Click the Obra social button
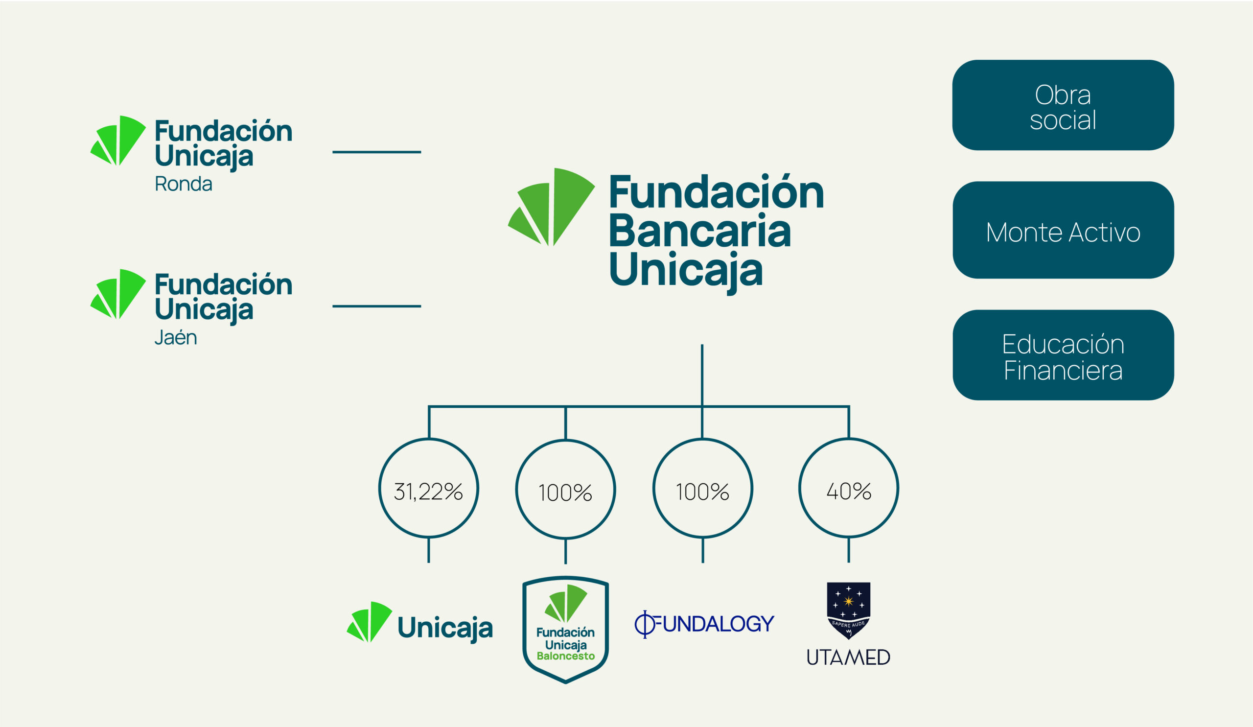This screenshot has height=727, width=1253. pyautogui.click(x=1063, y=105)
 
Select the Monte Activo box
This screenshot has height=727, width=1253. pyautogui.click(x=1063, y=230)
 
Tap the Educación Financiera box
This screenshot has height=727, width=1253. pyautogui.click(x=1063, y=355)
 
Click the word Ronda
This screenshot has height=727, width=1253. pyautogui.click(x=184, y=184)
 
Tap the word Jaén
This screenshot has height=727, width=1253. pyautogui.click(x=176, y=337)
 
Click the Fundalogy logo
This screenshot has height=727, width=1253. pyautogui.click(x=704, y=624)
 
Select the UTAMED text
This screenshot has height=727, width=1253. pyautogui.click(x=848, y=657)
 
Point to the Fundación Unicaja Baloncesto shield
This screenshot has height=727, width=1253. pyautogui.click(x=565, y=630)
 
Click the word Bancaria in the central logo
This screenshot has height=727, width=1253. pyautogui.click(x=699, y=231)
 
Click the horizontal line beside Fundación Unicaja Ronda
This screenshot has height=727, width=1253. pyautogui.click(x=376, y=152)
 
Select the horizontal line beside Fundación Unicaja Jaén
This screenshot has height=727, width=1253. pyautogui.click(x=376, y=306)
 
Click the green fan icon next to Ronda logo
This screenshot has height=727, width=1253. pyautogui.click(x=118, y=140)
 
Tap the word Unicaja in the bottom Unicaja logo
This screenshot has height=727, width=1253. pyautogui.click(x=445, y=628)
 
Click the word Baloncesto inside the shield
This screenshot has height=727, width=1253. pyautogui.click(x=565, y=656)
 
